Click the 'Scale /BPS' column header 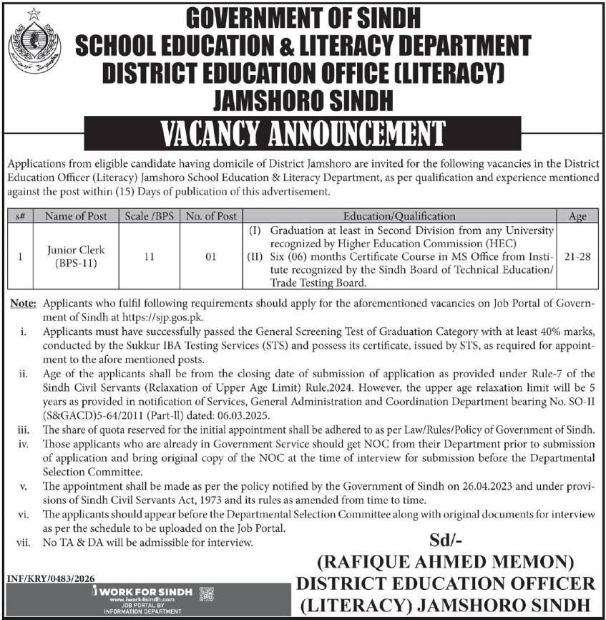tap(149, 215)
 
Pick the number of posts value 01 tap(210, 256)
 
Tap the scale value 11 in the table tap(149, 256)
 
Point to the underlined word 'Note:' tap(24, 304)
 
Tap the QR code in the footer tap(205, 593)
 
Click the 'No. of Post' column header tap(210, 215)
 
